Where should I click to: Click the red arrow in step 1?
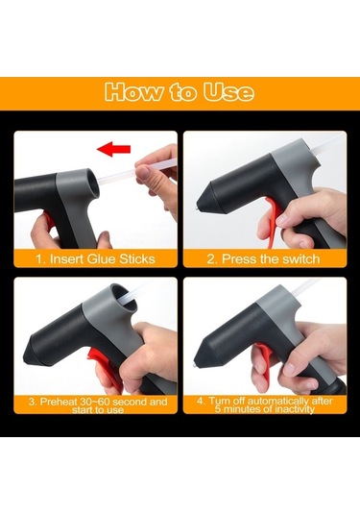tap(113, 149)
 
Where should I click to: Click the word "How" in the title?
tap(133, 92)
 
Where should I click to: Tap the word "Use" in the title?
tap(228, 92)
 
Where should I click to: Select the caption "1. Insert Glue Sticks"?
tap(95, 259)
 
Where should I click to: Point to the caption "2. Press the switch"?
tap(263, 259)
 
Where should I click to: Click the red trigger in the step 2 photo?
tap(273, 219)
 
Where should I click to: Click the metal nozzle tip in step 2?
tap(197, 208)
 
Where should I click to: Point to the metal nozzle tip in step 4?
tap(194, 366)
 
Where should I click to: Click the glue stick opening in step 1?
tap(92, 184)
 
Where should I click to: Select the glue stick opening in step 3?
tap(124, 297)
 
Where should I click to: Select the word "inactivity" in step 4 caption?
tap(295, 409)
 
